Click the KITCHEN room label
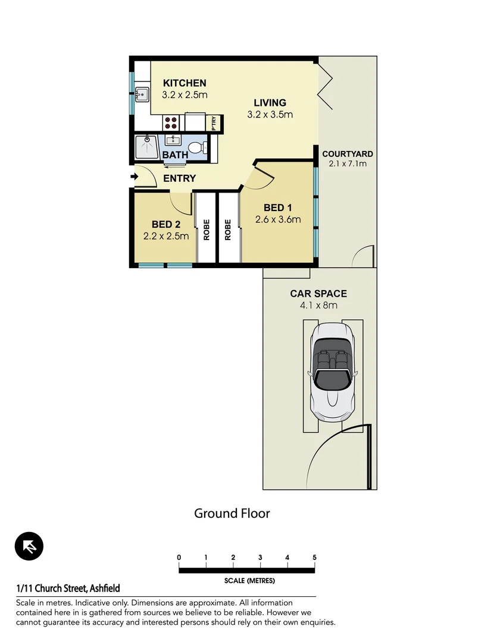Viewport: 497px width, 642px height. click(185, 83)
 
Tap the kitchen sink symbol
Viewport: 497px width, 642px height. click(142, 94)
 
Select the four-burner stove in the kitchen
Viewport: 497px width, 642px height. click(171, 122)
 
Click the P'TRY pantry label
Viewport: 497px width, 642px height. click(214, 122)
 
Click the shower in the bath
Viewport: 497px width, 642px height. click(146, 146)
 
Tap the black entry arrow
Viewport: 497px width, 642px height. click(134, 177)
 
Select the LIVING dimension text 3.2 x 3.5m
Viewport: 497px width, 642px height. click(270, 115)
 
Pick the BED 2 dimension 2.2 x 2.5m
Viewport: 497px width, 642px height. click(166, 235)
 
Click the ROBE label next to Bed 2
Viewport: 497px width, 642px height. click(207, 230)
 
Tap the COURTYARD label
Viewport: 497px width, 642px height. click(348, 154)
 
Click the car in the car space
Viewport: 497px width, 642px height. click(332, 372)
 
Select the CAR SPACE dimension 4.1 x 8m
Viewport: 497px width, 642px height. click(318, 306)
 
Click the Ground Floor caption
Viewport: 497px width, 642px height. click(232, 513)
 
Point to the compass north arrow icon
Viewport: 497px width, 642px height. click(29, 546)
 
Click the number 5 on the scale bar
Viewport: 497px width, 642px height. click(314, 557)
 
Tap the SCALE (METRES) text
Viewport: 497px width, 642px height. click(249, 581)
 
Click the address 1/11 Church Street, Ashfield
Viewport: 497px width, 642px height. click(68, 588)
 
